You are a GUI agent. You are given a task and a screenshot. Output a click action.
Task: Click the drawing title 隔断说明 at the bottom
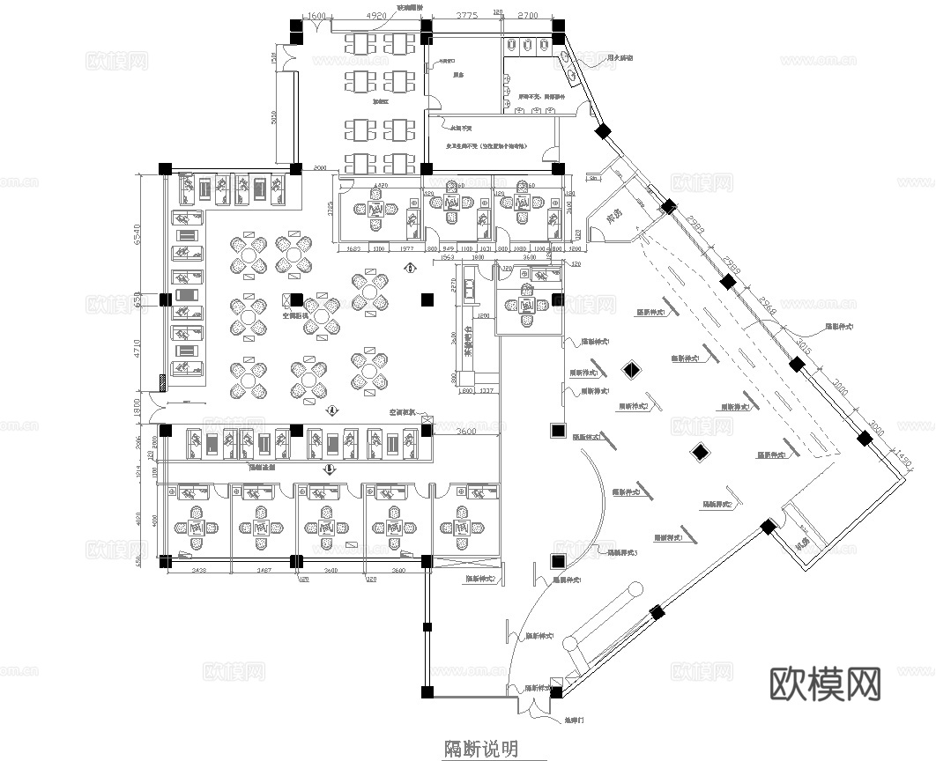click(480, 749)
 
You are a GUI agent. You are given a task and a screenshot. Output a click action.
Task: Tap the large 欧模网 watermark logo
click(825, 683)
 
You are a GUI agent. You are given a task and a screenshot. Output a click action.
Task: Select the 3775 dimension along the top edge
click(466, 16)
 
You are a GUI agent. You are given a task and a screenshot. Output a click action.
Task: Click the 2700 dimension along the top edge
click(528, 16)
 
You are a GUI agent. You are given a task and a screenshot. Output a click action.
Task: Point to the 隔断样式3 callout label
click(622, 553)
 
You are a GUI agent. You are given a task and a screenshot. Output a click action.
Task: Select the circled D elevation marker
click(330, 469)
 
